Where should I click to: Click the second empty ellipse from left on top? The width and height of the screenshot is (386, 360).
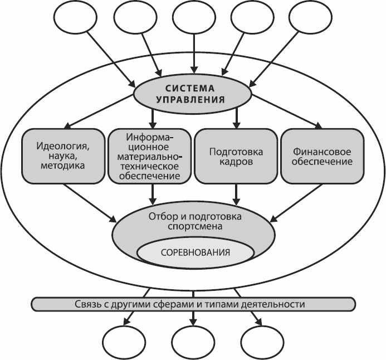(x=134, y=21)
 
